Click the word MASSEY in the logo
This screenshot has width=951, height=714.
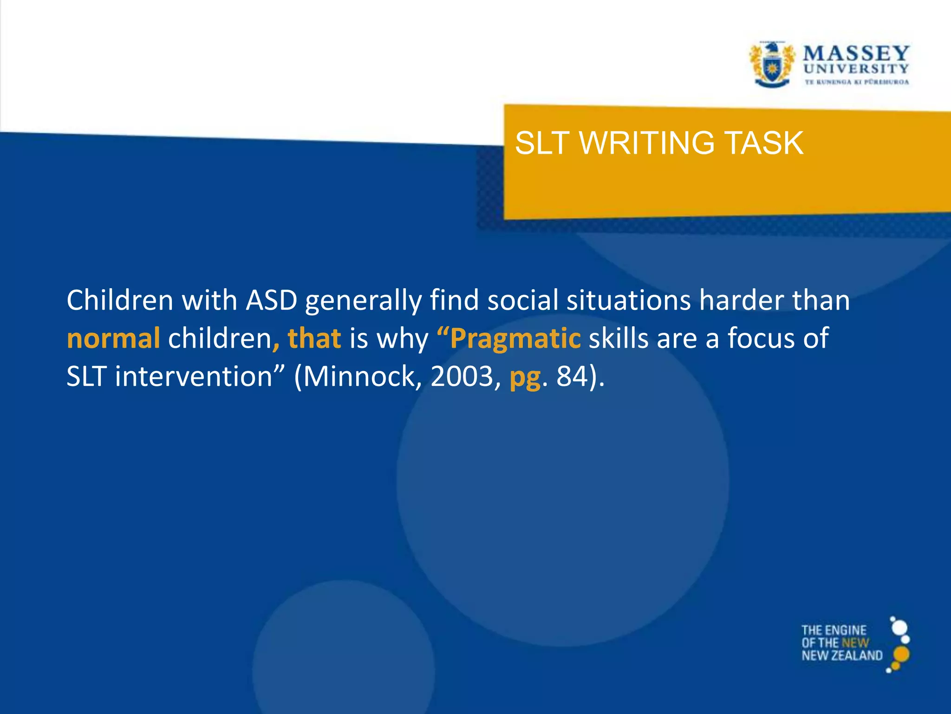point(856,53)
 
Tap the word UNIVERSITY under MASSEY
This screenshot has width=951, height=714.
point(856,69)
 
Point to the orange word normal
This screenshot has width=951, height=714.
point(113,338)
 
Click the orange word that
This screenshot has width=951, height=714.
point(314,338)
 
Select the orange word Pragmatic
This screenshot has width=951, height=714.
point(515,338)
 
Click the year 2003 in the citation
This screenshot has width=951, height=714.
point(462,377)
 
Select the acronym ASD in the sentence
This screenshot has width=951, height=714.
point(271,300)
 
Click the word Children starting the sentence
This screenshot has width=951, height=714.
point(120,300)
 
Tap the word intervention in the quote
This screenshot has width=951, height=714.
point(193,377)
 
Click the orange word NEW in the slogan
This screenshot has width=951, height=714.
point(855,643)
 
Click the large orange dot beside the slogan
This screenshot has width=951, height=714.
point(901,654)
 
